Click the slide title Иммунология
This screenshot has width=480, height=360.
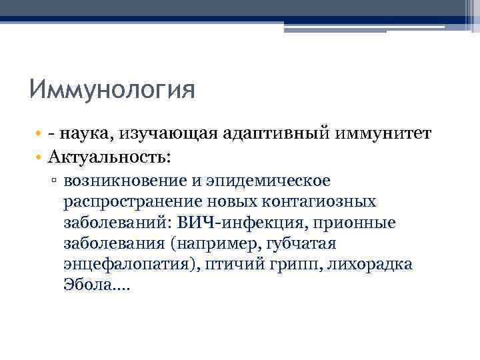point(112,89)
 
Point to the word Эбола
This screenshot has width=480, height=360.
point(89,285)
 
